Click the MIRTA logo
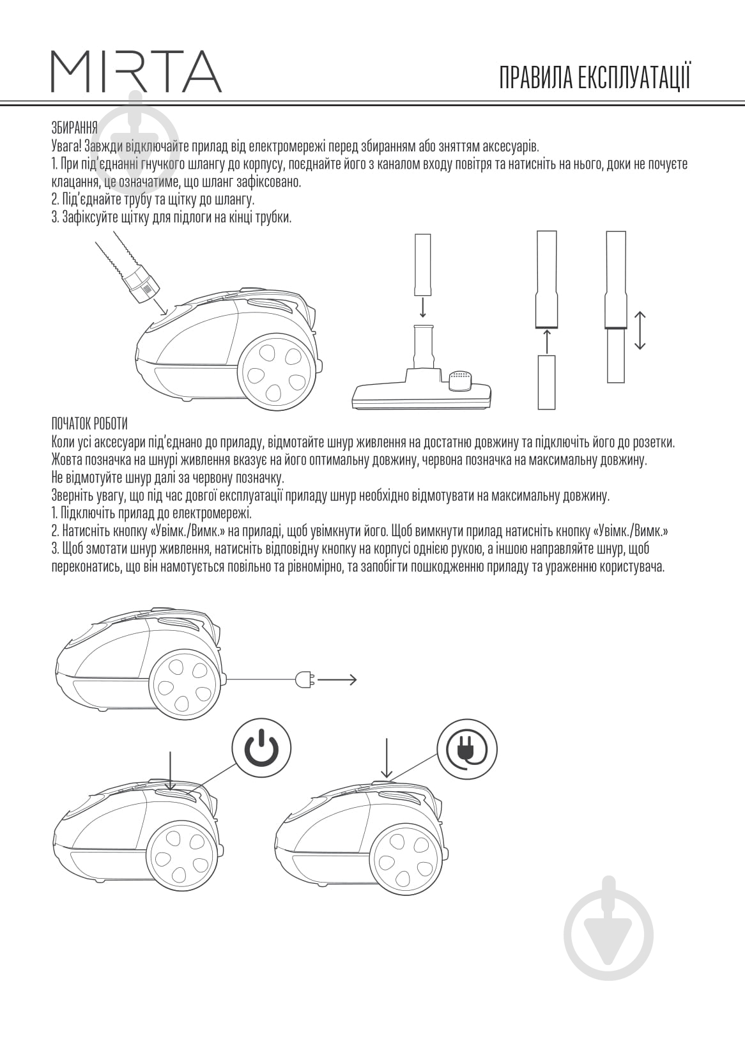136,71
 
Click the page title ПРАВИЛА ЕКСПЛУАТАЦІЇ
595,78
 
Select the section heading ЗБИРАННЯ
74,127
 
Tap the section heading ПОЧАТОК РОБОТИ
89,424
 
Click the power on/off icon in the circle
261,748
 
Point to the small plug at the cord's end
303,680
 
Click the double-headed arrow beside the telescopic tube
640,330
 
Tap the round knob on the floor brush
460,380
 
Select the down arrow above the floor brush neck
423,307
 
